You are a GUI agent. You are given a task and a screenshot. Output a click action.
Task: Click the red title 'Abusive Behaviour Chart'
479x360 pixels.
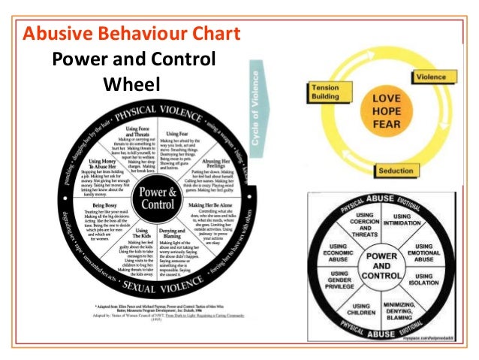point(132,34)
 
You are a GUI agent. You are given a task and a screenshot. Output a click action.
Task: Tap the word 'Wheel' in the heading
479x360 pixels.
point(132,83)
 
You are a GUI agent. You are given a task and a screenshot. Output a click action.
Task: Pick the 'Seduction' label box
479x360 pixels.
point(416,171)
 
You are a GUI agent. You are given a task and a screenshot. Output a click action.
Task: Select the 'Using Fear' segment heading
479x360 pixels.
point(179,135)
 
